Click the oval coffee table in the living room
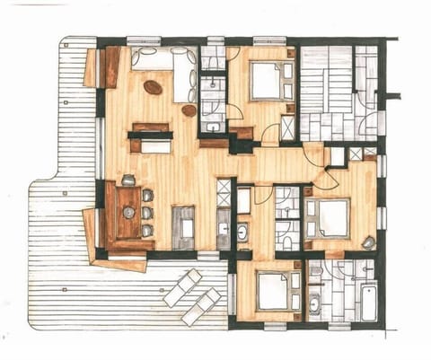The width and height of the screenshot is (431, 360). [153, 88]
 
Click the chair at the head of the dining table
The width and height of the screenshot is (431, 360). [128, 180]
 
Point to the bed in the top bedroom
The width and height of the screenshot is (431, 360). [266, 82]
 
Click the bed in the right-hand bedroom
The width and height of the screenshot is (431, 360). [330, 217]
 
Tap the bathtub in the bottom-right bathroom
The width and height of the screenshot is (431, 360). [369, 303]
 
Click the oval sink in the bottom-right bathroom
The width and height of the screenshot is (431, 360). [313, 304]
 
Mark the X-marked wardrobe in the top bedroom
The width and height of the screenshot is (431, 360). [287, 128]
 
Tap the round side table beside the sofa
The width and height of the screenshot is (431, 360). [189, 110]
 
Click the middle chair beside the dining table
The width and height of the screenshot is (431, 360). [146, 213]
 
